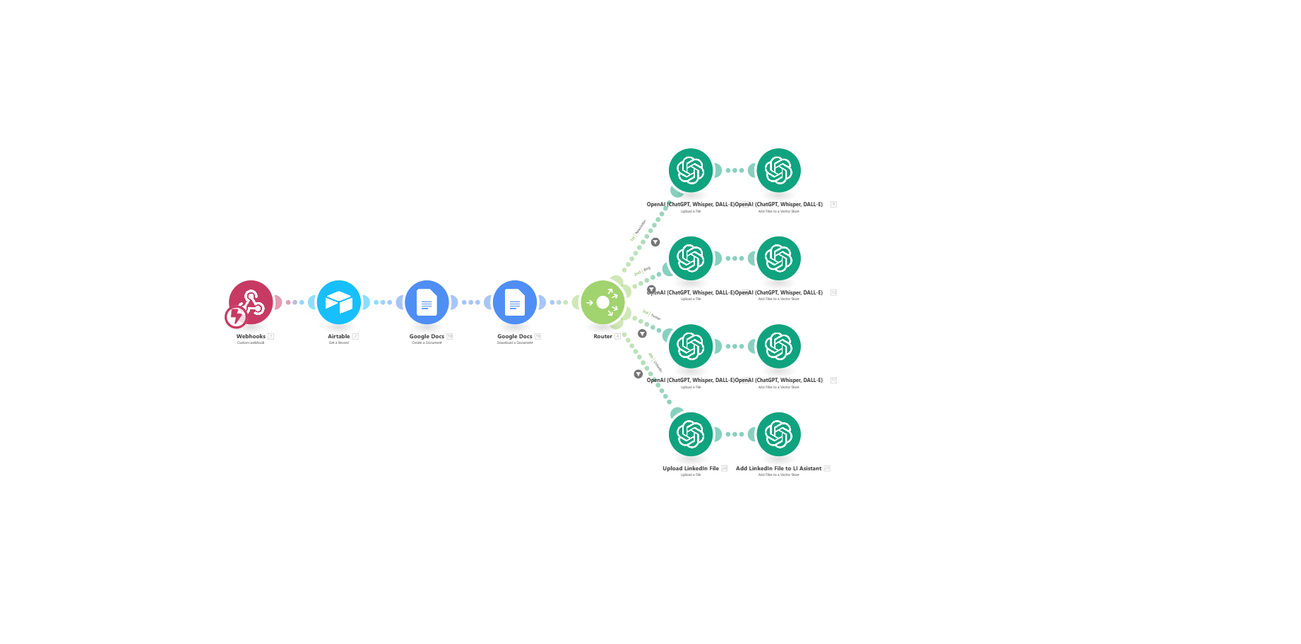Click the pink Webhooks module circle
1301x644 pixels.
[x=251, y=302]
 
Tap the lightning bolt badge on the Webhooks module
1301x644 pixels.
[x=235, y=317]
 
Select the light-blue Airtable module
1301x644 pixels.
[x=339, y=302]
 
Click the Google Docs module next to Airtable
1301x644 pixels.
[x=427, y=302]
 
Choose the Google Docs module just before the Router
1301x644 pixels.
[x=515, y=302]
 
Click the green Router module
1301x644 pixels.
[x=602, y=302]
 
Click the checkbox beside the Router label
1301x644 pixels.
[x=617, y=336]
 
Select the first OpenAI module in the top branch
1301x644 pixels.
[x=691, y=170]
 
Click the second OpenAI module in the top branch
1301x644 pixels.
[x=778, y=170]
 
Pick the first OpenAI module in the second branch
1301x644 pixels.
[x=691, y=258]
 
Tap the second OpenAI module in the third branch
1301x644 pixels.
[x=778, y=346]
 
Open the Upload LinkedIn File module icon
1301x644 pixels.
[x=691, y=434]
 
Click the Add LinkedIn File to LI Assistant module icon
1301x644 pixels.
[x=778, y=434]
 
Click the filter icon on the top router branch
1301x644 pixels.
[x=655, y=242]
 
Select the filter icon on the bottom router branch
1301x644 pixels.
[x=638, y=374]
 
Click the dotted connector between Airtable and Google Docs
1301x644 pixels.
[x=383, y=302]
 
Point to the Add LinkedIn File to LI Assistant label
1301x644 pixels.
[x=778, y=468]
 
